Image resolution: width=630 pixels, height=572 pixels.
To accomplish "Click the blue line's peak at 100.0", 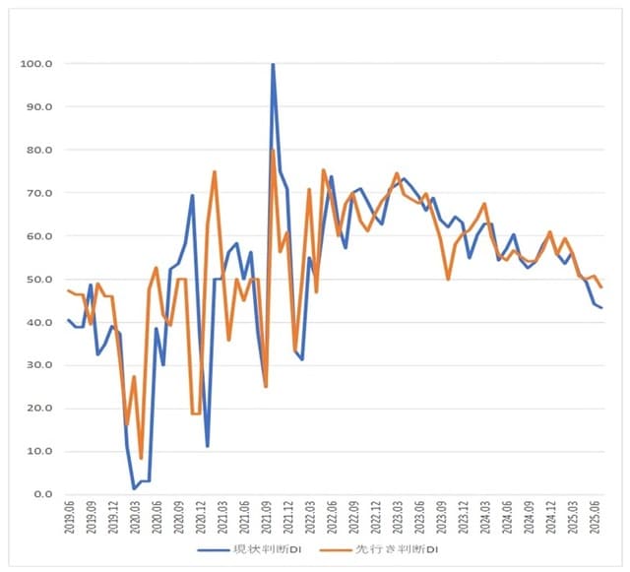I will pos(273,64).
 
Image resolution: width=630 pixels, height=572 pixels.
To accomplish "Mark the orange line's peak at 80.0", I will pos(273,151).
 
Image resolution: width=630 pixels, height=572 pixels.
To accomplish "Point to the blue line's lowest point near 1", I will pos(134,488).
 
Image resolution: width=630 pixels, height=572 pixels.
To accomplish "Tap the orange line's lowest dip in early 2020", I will pos(141,458).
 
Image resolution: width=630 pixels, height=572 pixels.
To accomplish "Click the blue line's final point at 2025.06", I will pos(601,308).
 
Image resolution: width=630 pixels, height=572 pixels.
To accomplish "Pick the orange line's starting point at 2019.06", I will pos(68,290).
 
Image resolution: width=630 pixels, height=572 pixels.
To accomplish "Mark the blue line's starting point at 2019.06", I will pos(68,320).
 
